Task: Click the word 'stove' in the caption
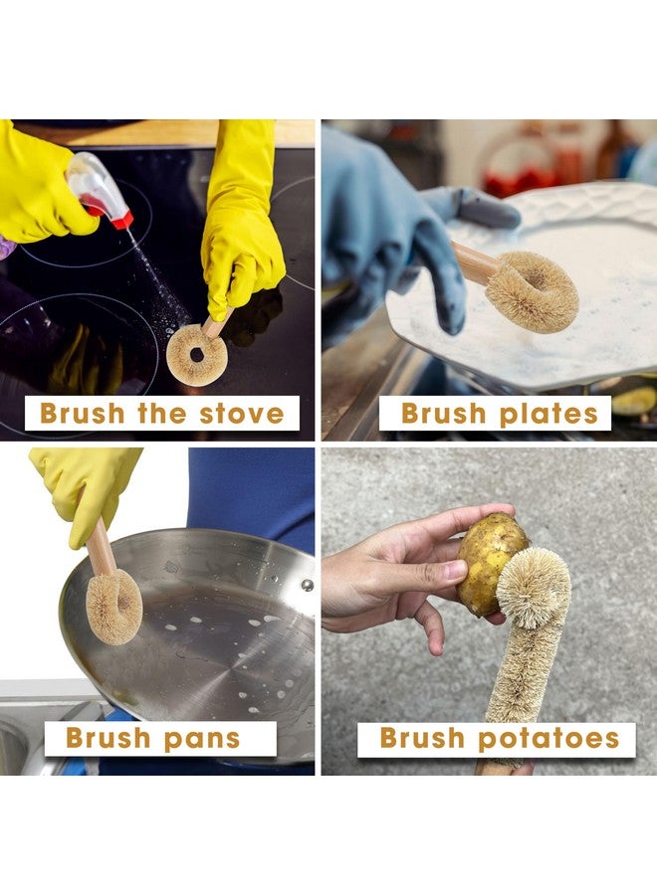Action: pos(242,414)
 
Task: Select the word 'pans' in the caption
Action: pos(202,739)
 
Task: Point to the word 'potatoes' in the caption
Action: pos(548,739)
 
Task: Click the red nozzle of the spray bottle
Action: pos(121,220)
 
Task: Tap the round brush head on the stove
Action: pos(197,355)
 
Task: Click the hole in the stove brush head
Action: pos(197,354)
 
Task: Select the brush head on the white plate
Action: pos(532,291)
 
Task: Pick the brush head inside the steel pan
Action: pos(113,608)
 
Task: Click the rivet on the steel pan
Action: pos(308,585)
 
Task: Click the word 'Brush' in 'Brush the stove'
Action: pos(82,414)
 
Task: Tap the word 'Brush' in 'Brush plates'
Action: pos(443,414)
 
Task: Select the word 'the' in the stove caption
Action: pos(161,414)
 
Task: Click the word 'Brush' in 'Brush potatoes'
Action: pos(422,738)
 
